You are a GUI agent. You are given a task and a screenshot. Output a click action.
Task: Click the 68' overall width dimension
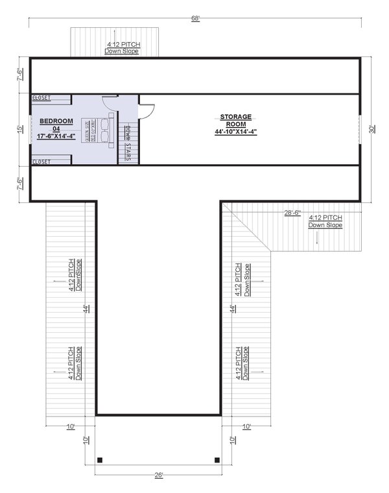(x=194, y=18)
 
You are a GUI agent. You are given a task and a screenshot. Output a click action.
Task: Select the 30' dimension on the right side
(x=371, y=130)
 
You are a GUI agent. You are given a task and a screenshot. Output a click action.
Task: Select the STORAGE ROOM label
(x=235, y=121)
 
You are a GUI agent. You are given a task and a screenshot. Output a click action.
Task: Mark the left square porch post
(x=100, y=461)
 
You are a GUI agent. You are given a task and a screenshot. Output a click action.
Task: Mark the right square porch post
(x=217, y=461)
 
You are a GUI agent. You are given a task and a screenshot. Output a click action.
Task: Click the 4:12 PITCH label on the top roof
(x=123, y=48)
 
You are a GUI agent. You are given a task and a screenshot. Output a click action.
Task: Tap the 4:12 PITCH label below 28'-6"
(x=325, y=221)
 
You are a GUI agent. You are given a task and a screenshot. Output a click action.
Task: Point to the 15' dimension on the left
(x=21, y=129)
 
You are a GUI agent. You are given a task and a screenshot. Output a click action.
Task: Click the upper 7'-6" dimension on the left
(x=21, y=76)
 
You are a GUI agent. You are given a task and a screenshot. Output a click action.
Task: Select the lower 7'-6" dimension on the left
(x=21, y=184)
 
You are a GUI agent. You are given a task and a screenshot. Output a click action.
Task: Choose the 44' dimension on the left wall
(x=86, y=309)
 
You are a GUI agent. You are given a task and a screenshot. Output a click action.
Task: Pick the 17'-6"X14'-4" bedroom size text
(x=57, y=136)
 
